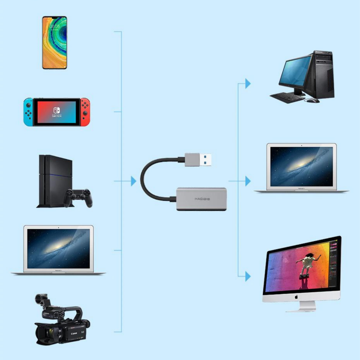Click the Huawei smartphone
(x=55, y=42)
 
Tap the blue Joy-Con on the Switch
(x=28, y=112)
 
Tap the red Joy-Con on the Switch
(x=85, y=112)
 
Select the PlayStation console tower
(x=54, y=180)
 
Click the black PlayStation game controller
(x=78, y=197)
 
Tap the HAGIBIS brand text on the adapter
(x=202, y=199)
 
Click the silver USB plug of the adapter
(x=198, y=159)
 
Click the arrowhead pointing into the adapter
(x=134, y=181)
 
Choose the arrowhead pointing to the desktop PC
(x=248, y=84)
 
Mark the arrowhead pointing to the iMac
(x=248, y=276)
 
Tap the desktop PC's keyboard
(x=287, y=98)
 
